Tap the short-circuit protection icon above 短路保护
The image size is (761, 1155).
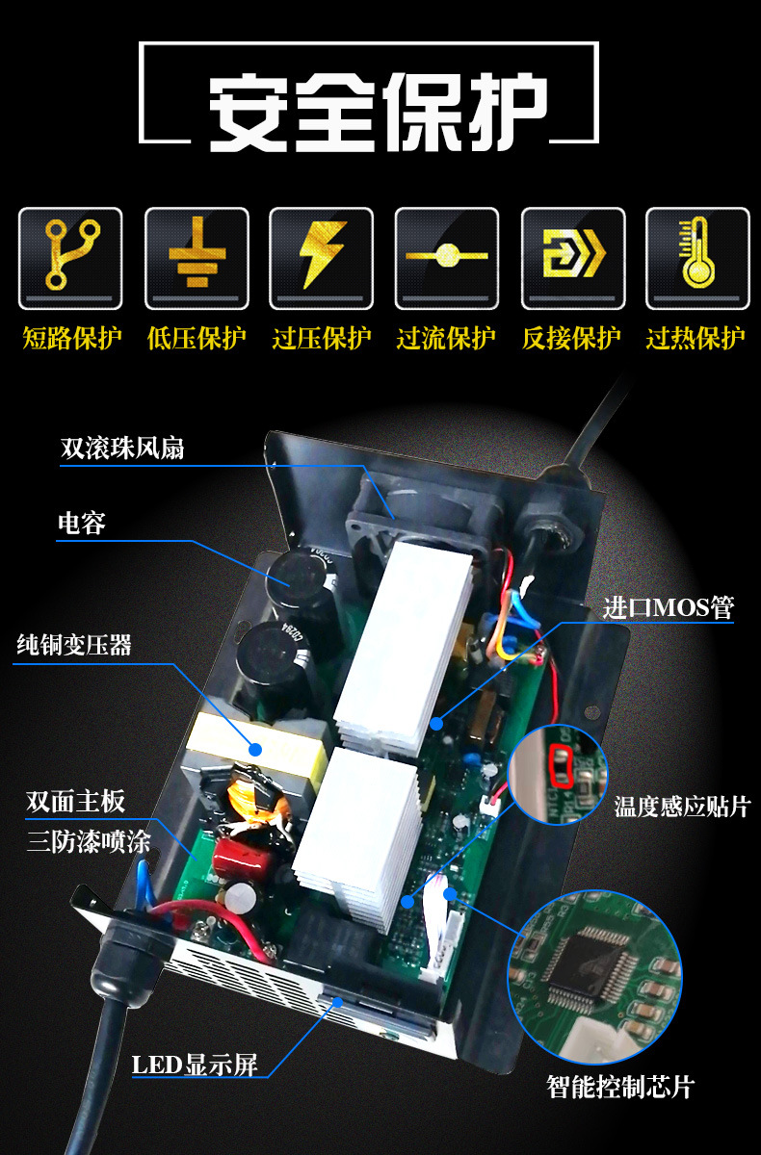71,256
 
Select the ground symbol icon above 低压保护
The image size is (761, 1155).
197,256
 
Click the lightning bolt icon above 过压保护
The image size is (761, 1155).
321,256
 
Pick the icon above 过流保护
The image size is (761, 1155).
446,256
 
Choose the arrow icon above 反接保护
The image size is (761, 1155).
571,256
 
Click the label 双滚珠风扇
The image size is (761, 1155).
122,448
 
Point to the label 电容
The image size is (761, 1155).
82,524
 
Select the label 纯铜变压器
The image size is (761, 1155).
74,645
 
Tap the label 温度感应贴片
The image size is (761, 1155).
682,806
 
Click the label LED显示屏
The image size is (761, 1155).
195,1065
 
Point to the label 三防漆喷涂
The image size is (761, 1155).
89,842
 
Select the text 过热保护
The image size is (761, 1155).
695,339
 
